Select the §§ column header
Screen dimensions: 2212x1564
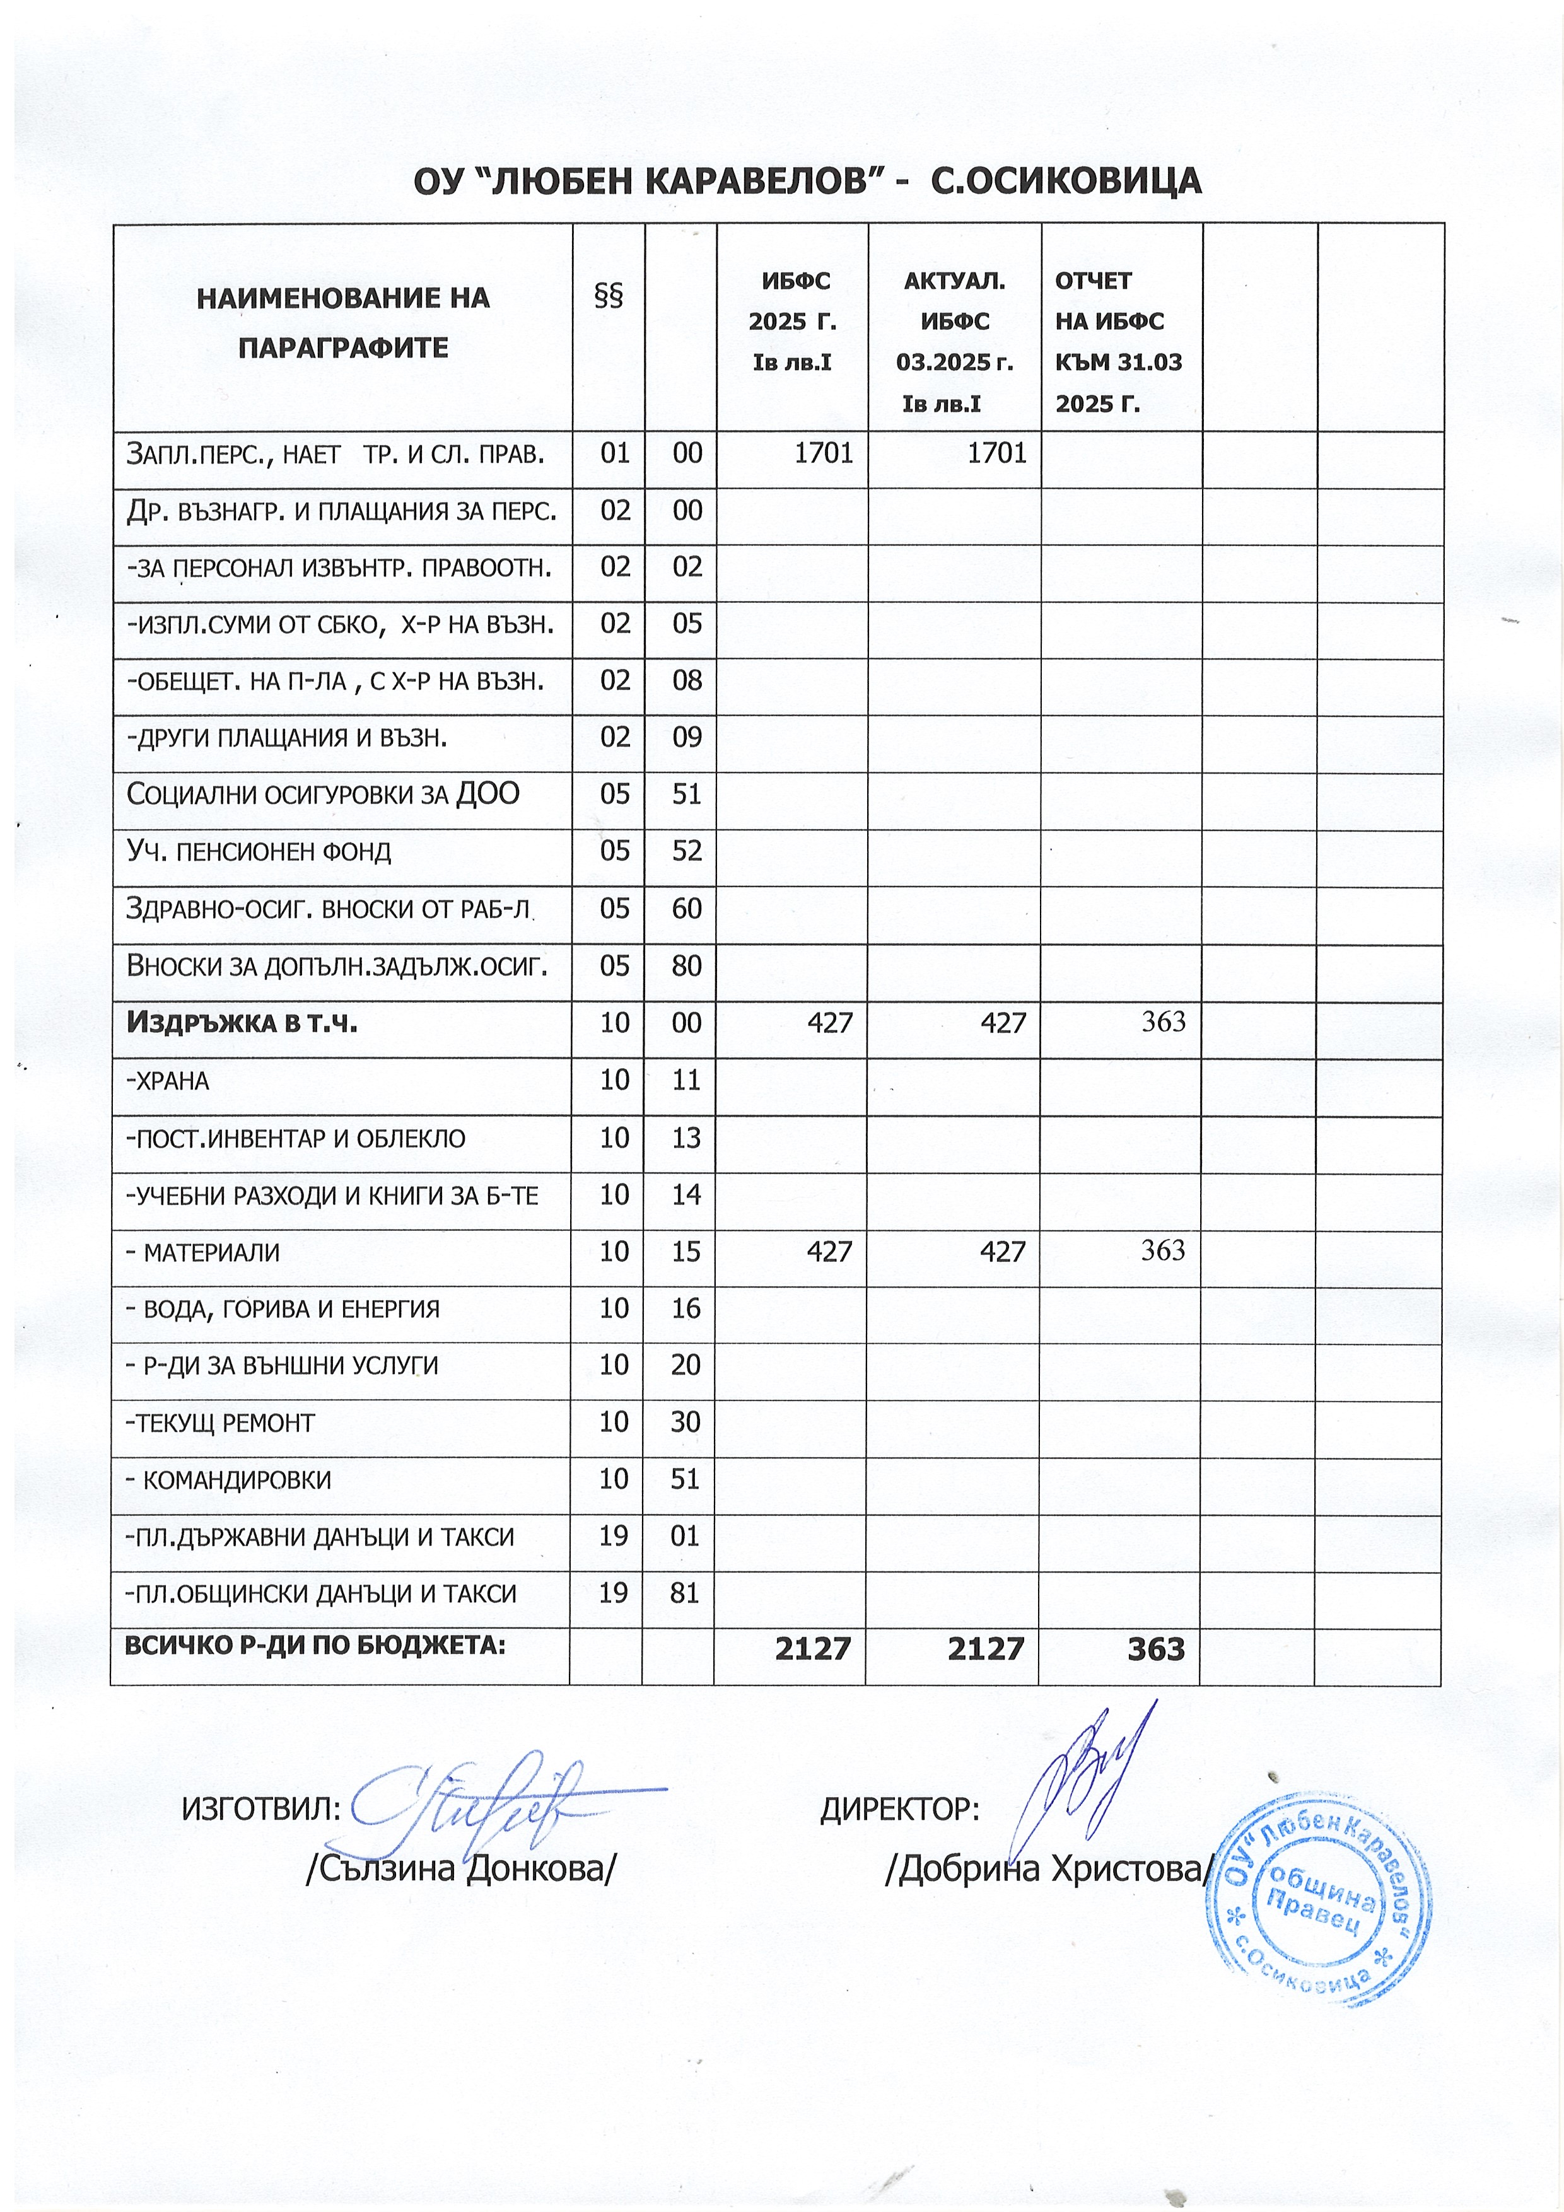pyautogui.click(x=609, y=296)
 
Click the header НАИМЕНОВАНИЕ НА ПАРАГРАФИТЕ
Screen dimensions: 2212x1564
pyautogui.click(x=343, y=323)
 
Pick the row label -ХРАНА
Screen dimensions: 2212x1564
pyautogui.click(x=168, y=1081)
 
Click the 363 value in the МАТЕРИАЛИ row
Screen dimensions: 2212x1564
pyautogui.click(x=1163, y=1250)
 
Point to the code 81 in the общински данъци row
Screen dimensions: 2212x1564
pyautogui.click(x=685, y=1593)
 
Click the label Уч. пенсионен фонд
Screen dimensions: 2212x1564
pyautogui.click(x=259, y=852)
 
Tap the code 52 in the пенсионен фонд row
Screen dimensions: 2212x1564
pyautogui.click(x=687, y=851)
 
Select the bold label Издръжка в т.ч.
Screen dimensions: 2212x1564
pyautogui.click(x=242, y=1022)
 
